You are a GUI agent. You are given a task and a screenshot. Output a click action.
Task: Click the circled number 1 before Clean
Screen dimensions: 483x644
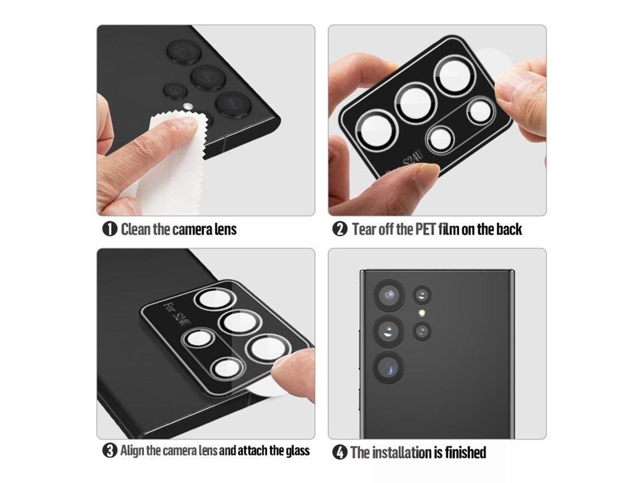click(109, 229)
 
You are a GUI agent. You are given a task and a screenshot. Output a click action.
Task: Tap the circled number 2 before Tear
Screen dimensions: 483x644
click(340, 229)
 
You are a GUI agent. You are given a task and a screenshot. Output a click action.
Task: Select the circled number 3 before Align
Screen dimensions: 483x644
click(109, 450)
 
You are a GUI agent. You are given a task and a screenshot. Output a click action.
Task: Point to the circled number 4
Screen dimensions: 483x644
click(340, 452)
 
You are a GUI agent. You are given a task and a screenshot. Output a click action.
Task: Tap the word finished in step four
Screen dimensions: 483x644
click(465, 452)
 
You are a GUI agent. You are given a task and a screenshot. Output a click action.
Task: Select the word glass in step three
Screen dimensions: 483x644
click(297, 450)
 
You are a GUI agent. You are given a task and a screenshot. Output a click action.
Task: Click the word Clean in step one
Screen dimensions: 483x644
click(136, 229)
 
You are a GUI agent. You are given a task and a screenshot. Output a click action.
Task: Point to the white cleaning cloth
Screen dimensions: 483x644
click(169, 169)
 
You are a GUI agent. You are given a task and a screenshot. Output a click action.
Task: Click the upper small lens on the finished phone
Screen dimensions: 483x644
click(422, 295)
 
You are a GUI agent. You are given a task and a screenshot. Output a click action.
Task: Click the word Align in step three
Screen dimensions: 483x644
click(132, 450)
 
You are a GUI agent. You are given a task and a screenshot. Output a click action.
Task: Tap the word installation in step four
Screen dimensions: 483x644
click(399, 452)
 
